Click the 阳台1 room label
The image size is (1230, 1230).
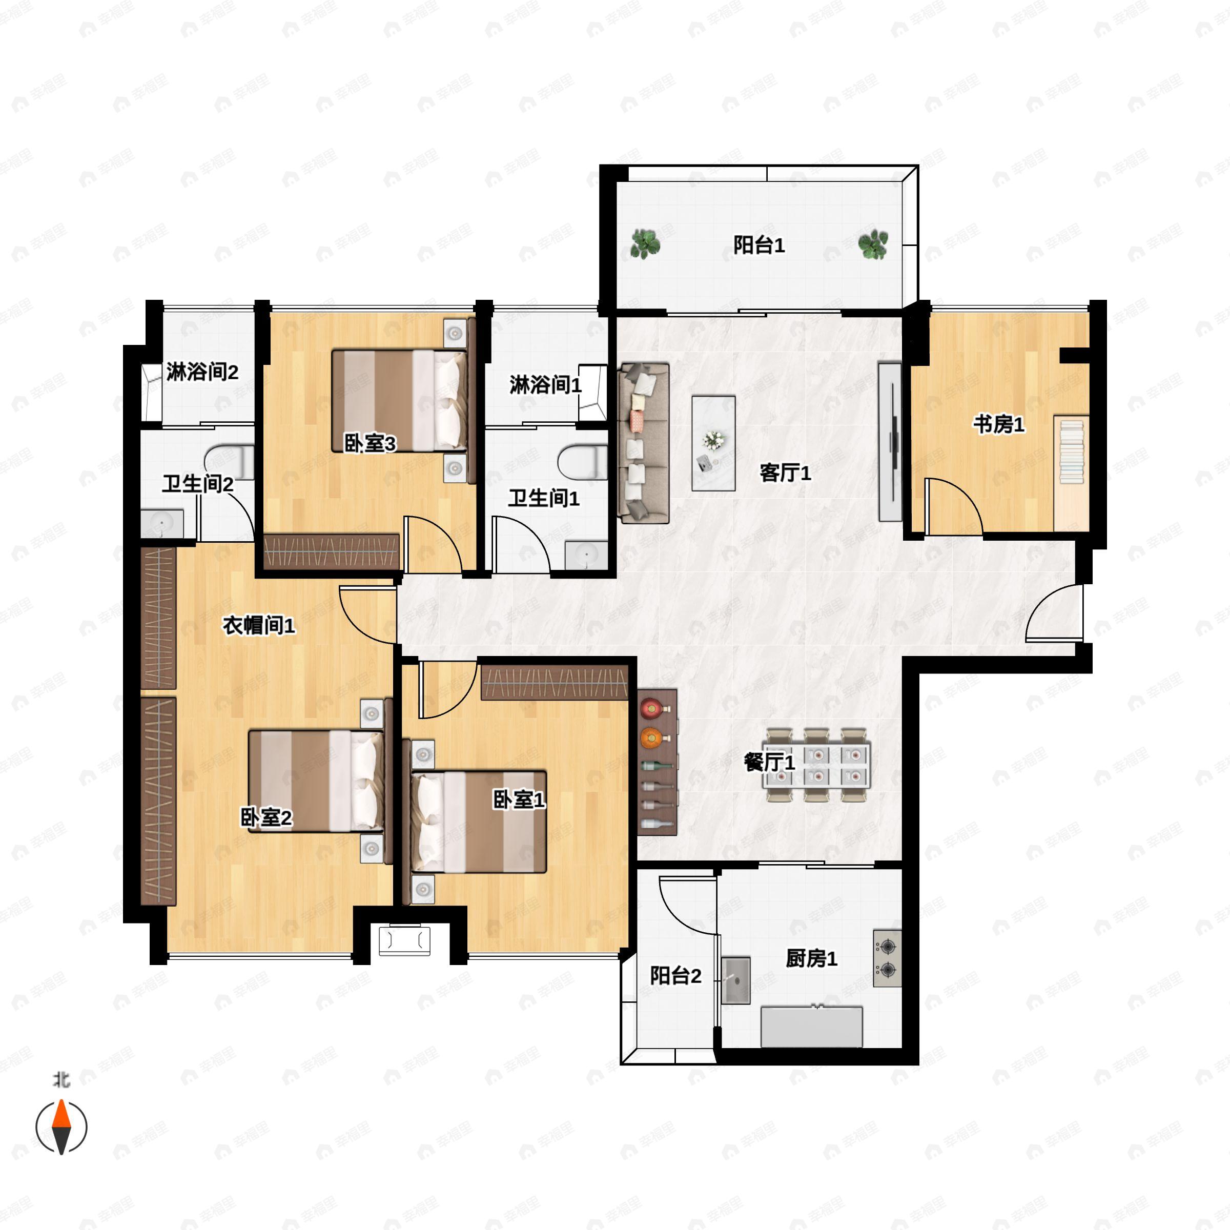click(758, 245)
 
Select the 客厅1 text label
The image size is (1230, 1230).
click(786, 473)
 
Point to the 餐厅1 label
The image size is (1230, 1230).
click(770, 762)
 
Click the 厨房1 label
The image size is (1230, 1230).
click(811, 958)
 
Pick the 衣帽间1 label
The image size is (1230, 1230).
click(258, 625)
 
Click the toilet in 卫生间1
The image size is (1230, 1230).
click(583, 462)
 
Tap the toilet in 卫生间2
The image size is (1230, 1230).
click(229, 462)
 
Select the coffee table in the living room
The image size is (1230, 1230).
click(714, 443)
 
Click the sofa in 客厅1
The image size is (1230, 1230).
click(644, 443)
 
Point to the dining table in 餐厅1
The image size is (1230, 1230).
click(817, 765)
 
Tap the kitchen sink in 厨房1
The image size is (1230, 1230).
click(736, 980)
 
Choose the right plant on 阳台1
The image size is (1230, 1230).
click(873, 244)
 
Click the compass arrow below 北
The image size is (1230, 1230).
click(61, 1126)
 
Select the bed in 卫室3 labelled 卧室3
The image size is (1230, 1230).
click(400, 400)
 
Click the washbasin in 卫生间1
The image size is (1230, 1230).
click(586, 555)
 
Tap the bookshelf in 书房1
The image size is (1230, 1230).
click(1071, 473)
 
